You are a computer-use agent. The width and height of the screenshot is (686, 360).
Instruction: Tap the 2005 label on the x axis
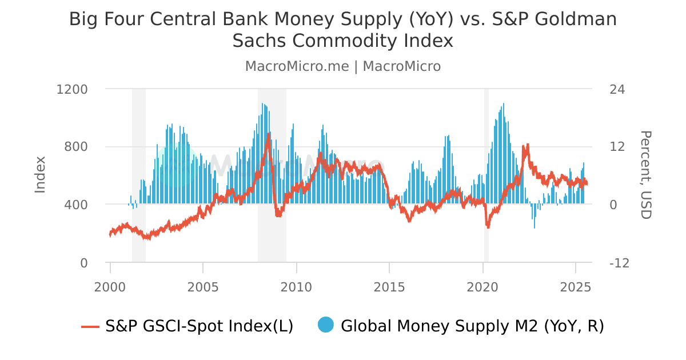(203, 286)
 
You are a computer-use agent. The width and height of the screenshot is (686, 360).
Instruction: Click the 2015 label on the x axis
(389, 286)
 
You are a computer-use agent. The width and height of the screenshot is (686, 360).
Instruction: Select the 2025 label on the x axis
(575, 286)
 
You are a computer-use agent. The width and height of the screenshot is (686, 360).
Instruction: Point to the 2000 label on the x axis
(110, 286)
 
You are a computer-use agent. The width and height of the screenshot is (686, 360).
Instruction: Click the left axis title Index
(40, 174)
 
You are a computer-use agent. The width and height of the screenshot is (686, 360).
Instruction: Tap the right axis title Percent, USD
(645, 174)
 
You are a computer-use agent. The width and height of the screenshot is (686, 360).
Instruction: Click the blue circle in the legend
(325, 325)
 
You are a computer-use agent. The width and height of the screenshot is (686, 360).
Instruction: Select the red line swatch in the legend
(90, 326)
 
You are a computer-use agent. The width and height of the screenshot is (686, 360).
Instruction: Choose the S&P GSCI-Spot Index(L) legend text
(199, 326)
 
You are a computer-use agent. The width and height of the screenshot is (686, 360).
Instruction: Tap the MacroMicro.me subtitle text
(297, 66)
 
